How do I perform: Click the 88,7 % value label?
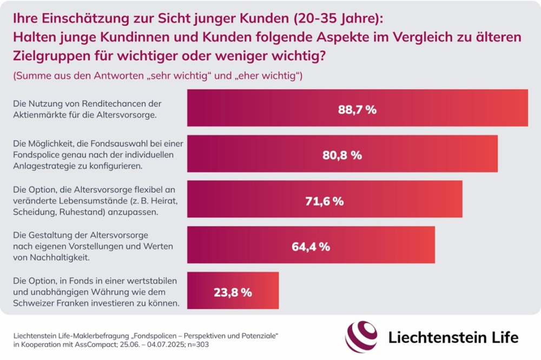pyautogui.click(x=357, y=109)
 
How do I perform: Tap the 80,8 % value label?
pyautogui.click(x=342, y=155)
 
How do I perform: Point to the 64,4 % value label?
pyautogui.click(x=311, y=247)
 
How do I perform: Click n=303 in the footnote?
pyautogui.click(x=155, y=344)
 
